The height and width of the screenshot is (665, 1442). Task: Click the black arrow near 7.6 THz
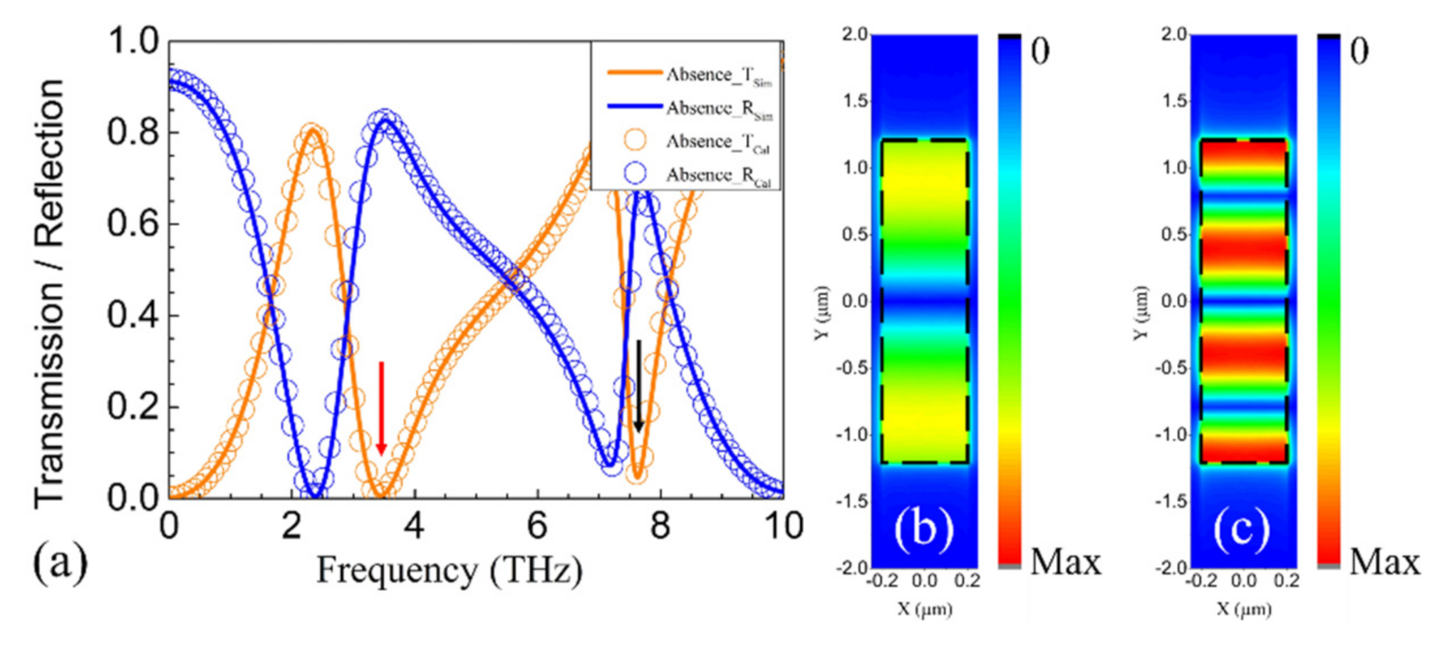639,385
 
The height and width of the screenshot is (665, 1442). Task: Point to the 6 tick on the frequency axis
536,526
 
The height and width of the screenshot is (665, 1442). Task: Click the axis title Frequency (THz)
449,570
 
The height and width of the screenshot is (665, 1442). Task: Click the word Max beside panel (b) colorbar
1065,562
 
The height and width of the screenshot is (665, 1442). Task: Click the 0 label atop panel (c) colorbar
1359,51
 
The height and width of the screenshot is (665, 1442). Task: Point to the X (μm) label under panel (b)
924,609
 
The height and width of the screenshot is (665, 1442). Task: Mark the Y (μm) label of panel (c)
1141,312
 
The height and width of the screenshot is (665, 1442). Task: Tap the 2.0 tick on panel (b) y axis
854,34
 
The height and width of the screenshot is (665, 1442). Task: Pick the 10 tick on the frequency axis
783,526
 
